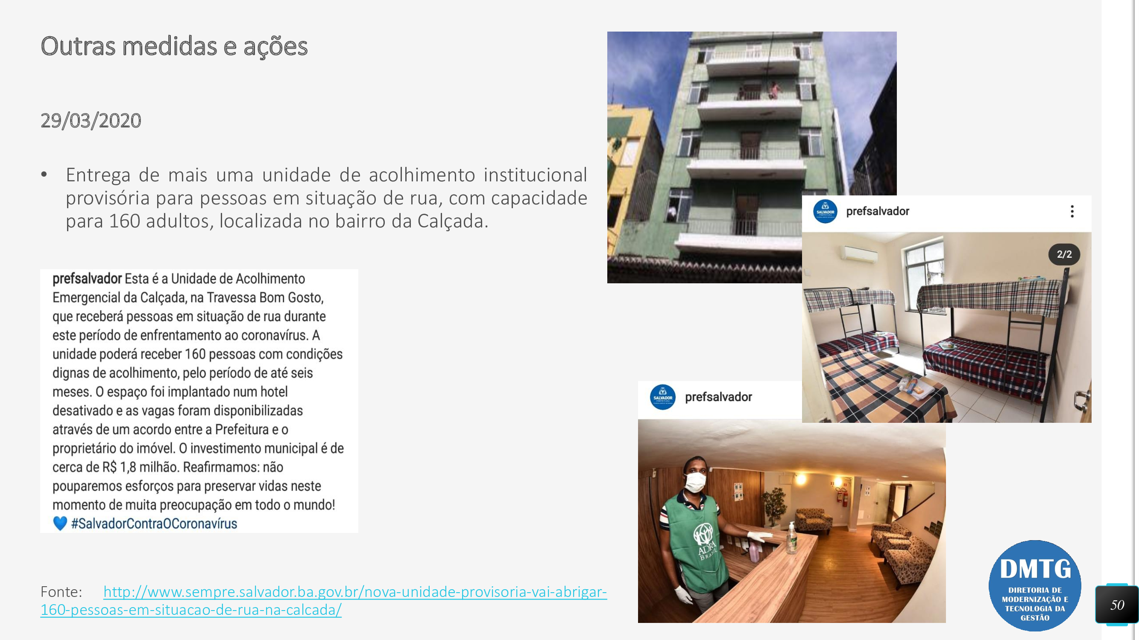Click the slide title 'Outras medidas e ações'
click(x=174, y=47)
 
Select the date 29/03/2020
click(x=91, y=121)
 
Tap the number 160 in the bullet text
click(x=124, y=221)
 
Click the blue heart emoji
click(x=60, y=524)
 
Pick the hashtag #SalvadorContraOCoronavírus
click(x=154, y=524)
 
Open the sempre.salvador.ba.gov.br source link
click(x=324, y=600)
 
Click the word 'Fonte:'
click(x=61, y=591)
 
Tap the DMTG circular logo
click(x=1035, y=585)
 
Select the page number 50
click(x=1117, y=605)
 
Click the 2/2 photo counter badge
click(x=1064, y=254)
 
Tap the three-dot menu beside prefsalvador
click(x=1072, y=212)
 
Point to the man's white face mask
click(x=695, y=482)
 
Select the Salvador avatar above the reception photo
click(x=662, y=397)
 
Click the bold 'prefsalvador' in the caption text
click(x=87, y=279)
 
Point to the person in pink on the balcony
click(x=774, y=90)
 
